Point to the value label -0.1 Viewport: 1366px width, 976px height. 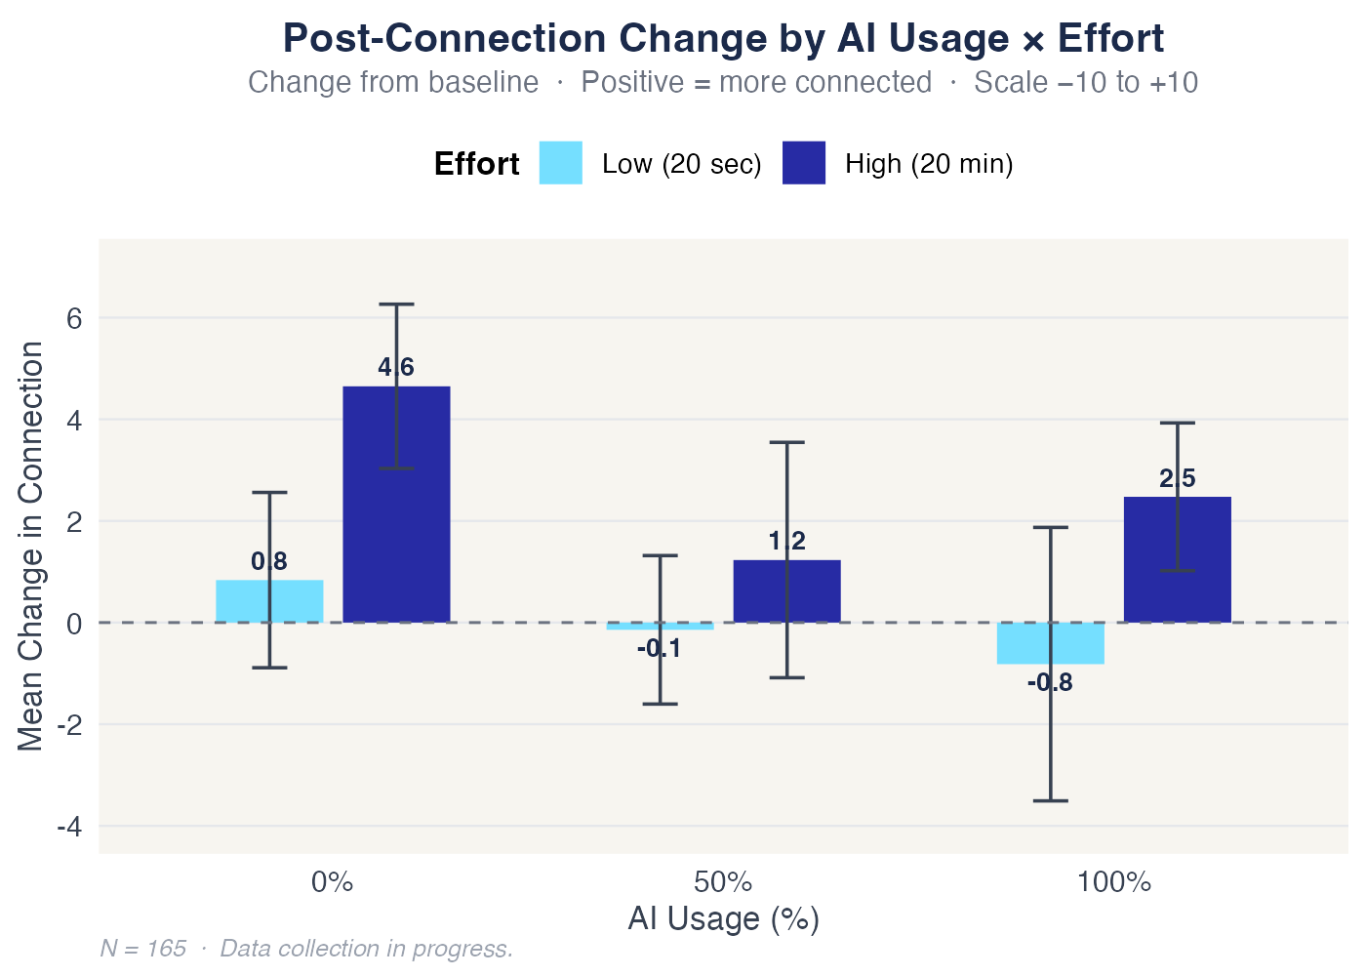[659, 649]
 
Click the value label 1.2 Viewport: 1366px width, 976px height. [786, 542]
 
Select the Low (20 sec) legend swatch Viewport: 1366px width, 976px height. [561, 163]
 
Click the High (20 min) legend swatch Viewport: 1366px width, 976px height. [803, 163]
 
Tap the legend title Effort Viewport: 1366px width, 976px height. [476, 164]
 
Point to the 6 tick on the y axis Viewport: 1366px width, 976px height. [74, 318]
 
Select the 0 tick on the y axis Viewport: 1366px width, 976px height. [74, 623]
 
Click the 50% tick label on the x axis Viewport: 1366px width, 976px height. [723, 883]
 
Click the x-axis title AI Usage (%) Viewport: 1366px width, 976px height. [723, 919]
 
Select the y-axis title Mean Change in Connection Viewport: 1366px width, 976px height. [31, 547]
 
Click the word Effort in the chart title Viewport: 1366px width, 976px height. [1110, 39]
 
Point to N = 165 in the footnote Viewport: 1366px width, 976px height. [143, 949]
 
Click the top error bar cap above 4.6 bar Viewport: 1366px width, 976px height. [396, 305]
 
